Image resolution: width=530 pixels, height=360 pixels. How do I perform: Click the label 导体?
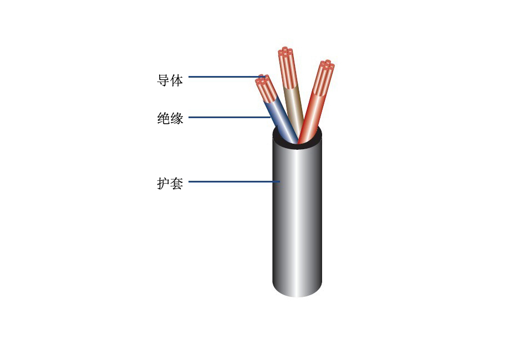(x=170, y=80)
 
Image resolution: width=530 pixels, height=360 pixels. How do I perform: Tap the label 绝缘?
(x=170, y=118)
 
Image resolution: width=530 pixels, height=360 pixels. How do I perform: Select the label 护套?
(x=170, y=183)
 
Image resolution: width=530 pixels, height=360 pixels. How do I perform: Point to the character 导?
(x=163, y=80)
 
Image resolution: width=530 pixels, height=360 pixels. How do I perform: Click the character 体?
(x=177, y=80)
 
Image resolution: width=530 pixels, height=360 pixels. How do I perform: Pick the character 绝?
(x=163, y=118)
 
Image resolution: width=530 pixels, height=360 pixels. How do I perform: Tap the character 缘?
(x=177, y=118)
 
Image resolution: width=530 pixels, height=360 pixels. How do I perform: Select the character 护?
(x=163, y=183)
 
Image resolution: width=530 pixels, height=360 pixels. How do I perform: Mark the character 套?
(x=177, y=183)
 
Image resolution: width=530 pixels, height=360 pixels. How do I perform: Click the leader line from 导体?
(x=226, y=77)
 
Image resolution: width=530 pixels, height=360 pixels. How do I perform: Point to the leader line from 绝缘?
(x=230, y=118)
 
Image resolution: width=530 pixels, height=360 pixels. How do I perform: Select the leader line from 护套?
(x=234, y=182)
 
